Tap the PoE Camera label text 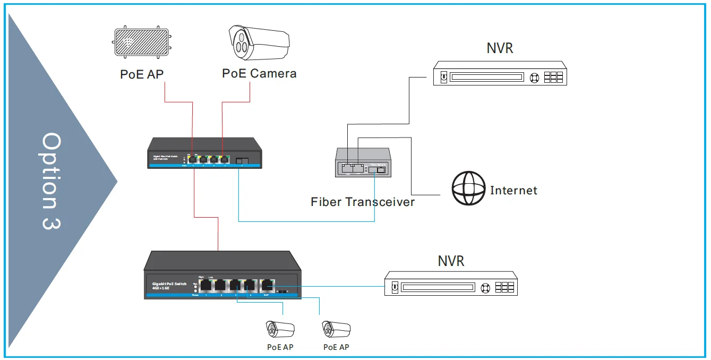259,73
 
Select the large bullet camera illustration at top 259,42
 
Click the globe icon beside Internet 468,188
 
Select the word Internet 513,190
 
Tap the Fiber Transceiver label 363,202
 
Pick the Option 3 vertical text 52,181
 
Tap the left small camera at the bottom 280,329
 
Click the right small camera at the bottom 336,329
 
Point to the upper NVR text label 500,48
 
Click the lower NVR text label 451,261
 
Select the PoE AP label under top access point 142,74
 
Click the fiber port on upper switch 242,159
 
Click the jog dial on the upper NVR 534,78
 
